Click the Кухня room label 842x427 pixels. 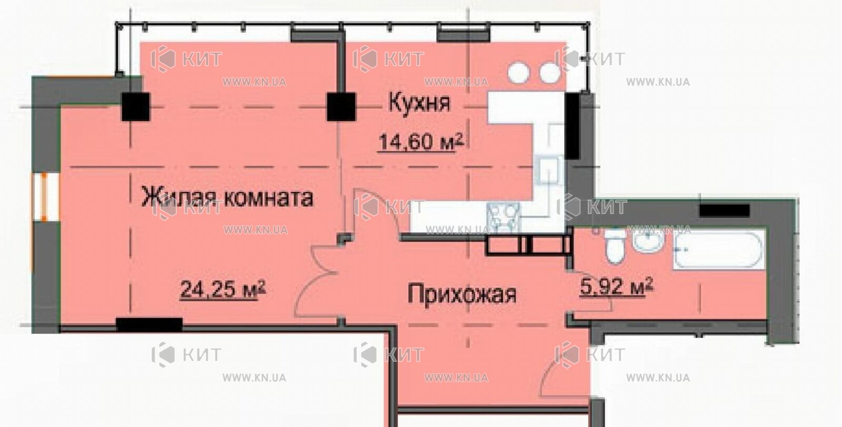point(419,103)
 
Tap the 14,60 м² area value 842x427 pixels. point(420,142)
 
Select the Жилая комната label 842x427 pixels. point(227,197)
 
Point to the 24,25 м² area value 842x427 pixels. point(223,289)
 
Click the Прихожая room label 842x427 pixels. point(462,294)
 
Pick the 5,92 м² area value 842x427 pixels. point(616,286)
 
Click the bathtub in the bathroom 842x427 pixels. point(719,250)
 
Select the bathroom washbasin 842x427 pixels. point(648,241)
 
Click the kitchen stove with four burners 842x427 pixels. point(504,217)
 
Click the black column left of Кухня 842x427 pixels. point(341,107)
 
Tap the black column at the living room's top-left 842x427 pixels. point(135,107)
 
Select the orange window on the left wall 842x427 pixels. point(44,197)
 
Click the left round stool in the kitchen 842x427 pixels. point(519,73)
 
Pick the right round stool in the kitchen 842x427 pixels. point(550,73)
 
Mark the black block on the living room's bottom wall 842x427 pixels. point(149,324)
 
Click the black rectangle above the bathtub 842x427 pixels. point(724,210)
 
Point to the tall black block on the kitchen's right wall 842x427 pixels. point(573,126)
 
